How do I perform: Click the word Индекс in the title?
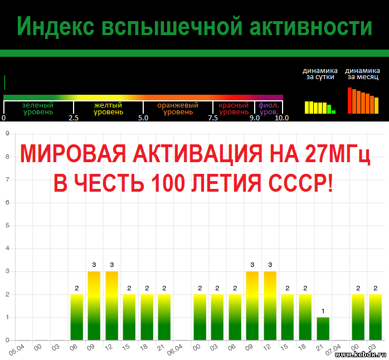pyautogui.click(x=56, y=27)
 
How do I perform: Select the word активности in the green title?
pyautogui.click(x=310, y=27)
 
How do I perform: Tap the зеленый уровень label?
pyautogui.click(x=38, y=109)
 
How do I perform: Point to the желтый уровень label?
pyautogui.click(x=108, y=109)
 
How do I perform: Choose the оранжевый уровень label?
pyautogui.click(x=178, y=109)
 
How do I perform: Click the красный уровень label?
pyautogui.click(x=234, y=109)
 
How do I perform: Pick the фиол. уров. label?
pyautogui.click(x=269, y=109)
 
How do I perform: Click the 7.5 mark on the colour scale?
pyautogui.click(x=213, y=118)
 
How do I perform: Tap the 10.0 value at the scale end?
pyautogui.click(x=282, y=118)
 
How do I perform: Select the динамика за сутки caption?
pyautogui.click(x=320, y=74)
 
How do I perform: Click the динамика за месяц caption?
pyautogui.click(x=362, y=74)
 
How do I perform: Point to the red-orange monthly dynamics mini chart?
pyautogui.click(x=363, y=100)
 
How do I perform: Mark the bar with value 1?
pyautogui.click(x=323, y=328)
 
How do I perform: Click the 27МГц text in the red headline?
pyautogui.click(x=338, y=154)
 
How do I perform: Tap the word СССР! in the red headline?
pyautogui.click(x=301, y=183)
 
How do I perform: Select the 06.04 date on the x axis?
pyautogui.click(x=174, y=349)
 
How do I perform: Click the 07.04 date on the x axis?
pyautogui.click(x=333, y=349)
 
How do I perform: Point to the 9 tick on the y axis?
pyautogui.click(x=7, y=134)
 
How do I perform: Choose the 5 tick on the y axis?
pyautogui.click(x=7, y=225)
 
